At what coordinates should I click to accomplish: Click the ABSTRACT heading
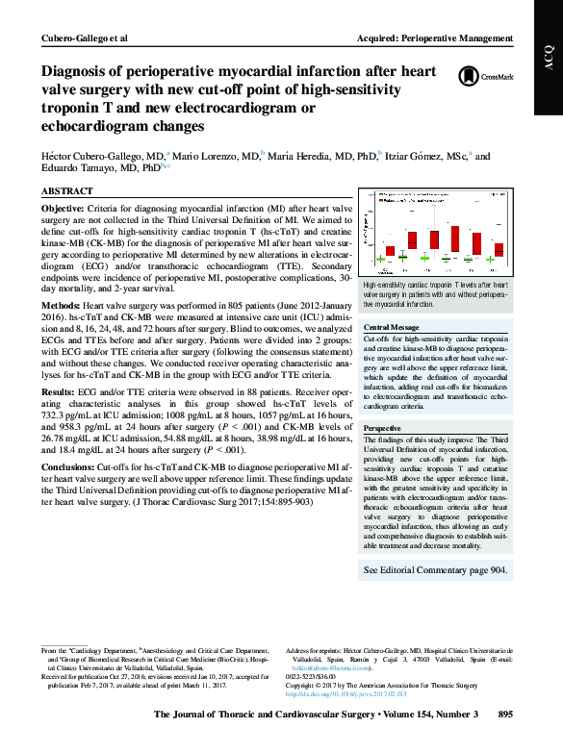[68, 191]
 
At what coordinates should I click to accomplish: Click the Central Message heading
[392, 328]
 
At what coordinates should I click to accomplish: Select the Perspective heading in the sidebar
[383, 427]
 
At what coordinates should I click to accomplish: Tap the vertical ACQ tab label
[549, 68]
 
